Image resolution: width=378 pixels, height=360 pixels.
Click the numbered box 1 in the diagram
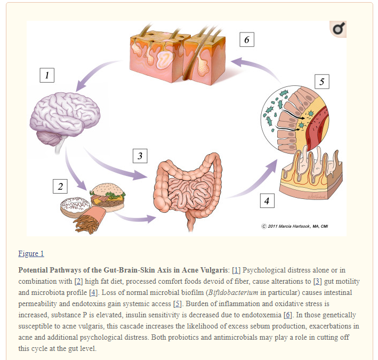pyautogui.click(x=47, y=75)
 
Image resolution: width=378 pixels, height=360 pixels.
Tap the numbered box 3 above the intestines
pyautogui.click(x=140, y=156)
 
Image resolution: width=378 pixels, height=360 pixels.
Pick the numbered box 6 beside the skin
pyautogui.click(x=246, y=39)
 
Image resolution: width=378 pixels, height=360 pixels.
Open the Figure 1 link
pyautogui.click(x=31, y=253)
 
